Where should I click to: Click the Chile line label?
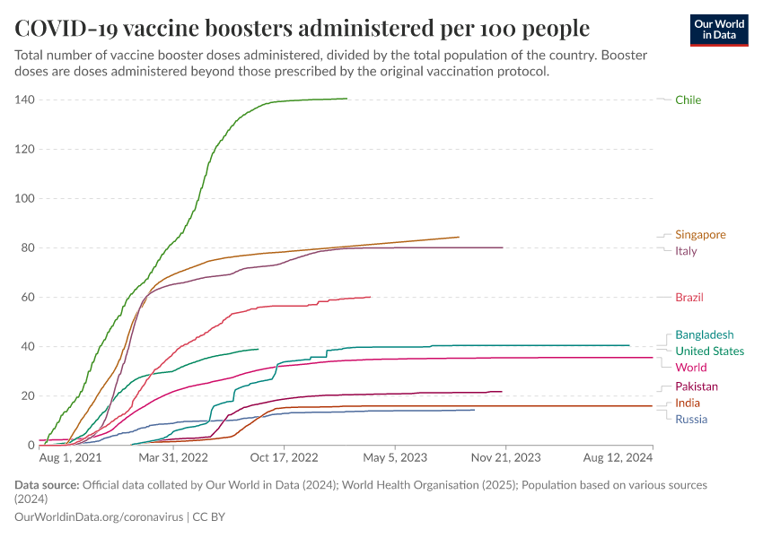pyautogui.click(x=688, y=100)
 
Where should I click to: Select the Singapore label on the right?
pyautogui.click(x=700, y=235)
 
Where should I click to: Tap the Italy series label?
pyautogui.click(x=686, y=251)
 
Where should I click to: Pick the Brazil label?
pyautogui.click(x=689, y=297)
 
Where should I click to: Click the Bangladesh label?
pyautogui.click(x=704, y=334)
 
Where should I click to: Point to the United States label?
pyautogui.click(x=709, y=351)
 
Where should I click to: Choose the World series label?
pyautogui.click(x=690, y=367)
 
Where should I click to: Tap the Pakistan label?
pyautogui.click(x=696, y=386)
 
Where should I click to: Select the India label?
pyautogui.click(x=688, y=403)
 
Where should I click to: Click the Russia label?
pyautogui.click(x=690, y=419)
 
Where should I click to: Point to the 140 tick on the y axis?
pyautogui.click(x=23, y=100)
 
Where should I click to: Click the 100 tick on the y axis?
pyautogui.click(x=23, y=198)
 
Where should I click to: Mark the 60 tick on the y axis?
pyautogui.click(x=27, y=297)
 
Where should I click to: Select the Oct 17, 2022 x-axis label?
pyautogui.click(x=285, y=456)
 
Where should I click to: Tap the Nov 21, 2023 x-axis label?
pyautogui.click(x=505, y=456)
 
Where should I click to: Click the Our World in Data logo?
pyautogui.click(x=718, y=30)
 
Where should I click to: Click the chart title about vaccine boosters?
pyautogui.click(x=303, y=28)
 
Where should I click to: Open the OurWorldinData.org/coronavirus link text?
pyautogui.click(x=99, y=517)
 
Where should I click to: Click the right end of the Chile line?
pyautogui.click(x=346, y=99)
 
